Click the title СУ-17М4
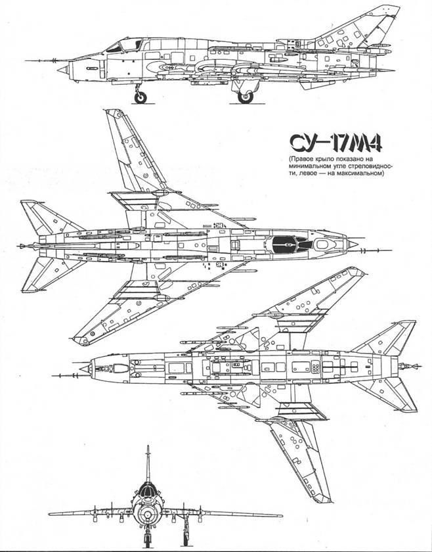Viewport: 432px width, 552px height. (335, 143)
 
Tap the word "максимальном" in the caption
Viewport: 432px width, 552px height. (364, 173)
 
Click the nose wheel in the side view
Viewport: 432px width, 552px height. (140, 97)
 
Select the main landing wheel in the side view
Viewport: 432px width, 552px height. (245, 97)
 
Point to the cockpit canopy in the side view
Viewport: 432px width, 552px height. (124, 45)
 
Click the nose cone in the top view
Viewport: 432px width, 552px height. (352, 244)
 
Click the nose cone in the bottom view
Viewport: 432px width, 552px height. (85, 369)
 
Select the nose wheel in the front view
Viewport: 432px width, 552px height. (148, 538)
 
